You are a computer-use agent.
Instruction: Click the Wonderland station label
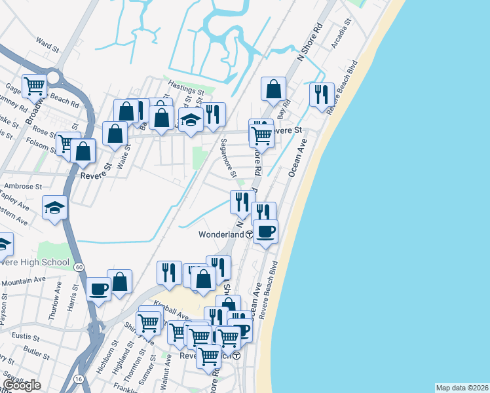(x=222, y=234)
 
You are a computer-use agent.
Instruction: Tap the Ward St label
(x=48, y=45)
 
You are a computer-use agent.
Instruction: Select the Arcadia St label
(x=342, y=29)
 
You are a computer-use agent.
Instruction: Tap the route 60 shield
(x=79, y=267)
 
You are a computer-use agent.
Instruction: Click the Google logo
(x=22, y=385)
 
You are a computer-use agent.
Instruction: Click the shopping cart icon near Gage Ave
(x=34, y=84)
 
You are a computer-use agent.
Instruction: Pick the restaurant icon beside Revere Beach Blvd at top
(x=321, y=94)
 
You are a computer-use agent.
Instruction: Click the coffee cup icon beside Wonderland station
(x=265, y=231)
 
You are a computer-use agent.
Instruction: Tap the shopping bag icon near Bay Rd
(x=274, y=88)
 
